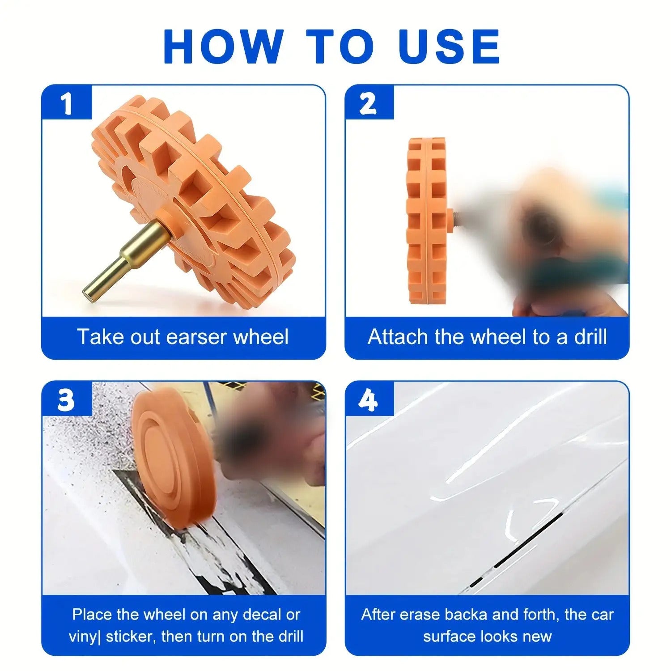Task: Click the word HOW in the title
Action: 223,46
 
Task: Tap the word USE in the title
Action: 449,46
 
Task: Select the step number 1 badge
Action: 67,102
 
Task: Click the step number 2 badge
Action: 369,102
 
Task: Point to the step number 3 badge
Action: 67,399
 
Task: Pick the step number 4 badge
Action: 369,399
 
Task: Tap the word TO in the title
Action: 340,46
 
